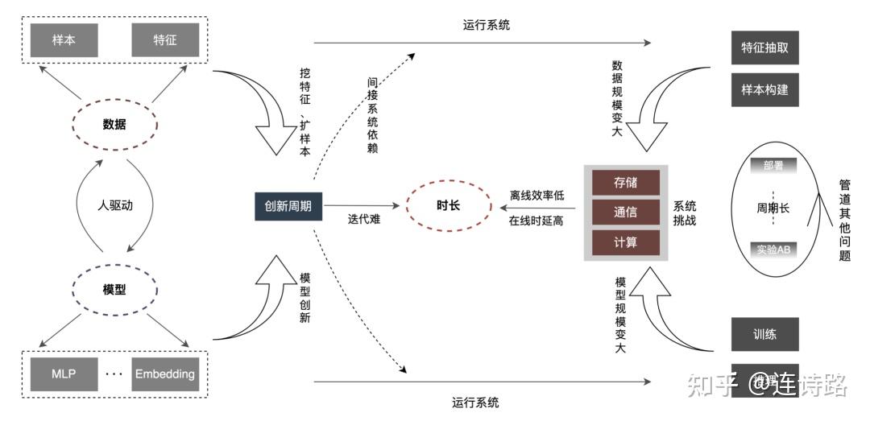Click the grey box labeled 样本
click(64, 39)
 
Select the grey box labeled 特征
click(165, 39)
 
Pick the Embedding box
click(165, 374)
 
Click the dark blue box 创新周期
click(288, 206)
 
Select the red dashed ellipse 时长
click(449, 205)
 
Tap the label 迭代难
click(364, 219)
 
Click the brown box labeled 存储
click(625, 182)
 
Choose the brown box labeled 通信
click(625, 213)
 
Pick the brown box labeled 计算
click(625, 242)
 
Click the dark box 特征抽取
click(764, 49)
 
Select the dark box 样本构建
click(764, 89)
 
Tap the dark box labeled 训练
click(764, 334)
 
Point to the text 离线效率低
click(537, 196)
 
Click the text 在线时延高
click(537, 221)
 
